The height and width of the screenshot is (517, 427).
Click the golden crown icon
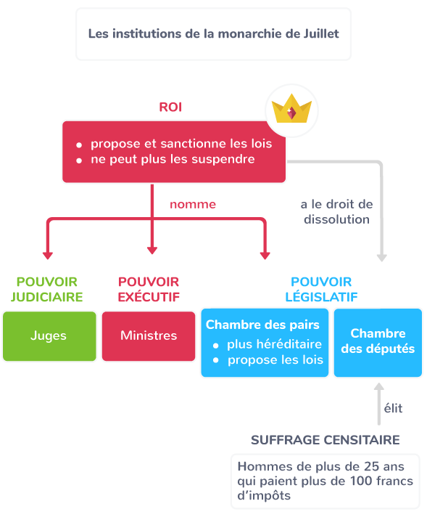click(291, 109)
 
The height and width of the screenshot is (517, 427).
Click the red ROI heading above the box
click(170, 107)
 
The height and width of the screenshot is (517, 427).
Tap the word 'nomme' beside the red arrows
click(193, 205)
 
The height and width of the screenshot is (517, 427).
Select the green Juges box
click(49, 336)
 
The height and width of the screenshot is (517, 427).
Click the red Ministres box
click(149, 336)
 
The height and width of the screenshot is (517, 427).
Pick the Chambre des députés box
click(378, 343)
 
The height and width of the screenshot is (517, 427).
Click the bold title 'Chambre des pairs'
click(262, 325)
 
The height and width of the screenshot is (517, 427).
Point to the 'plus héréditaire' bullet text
click(274, 344)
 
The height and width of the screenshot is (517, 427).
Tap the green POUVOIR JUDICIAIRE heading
click(46, 290)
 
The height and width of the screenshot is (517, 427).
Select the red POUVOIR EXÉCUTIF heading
click(149, 290)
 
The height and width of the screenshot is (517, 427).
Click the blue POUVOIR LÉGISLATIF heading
click(321, 290)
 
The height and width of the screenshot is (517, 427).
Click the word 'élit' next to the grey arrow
click(394, 408)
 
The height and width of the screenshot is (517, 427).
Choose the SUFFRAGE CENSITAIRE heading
click(326, 440)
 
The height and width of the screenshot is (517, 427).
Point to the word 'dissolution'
click(336, 219)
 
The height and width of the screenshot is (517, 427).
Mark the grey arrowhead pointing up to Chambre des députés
click(379, 386)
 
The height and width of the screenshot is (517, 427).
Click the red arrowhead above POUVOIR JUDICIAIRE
click(48, 256)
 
